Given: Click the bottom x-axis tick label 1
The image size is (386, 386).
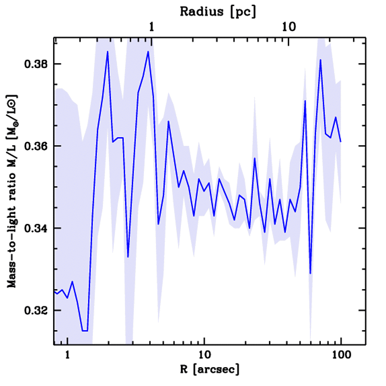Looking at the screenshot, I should tap(67, 355).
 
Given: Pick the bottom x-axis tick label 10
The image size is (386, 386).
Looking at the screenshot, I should tap(204, 355).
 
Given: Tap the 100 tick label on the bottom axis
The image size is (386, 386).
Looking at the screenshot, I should tap(341, 355).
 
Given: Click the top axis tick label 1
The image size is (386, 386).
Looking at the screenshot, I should tap(152, 27).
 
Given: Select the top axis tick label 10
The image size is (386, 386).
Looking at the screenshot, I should tap(289, 27).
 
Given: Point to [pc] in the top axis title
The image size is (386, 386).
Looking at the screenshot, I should tap(242, 12).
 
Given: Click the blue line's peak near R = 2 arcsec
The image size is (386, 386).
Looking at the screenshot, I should tap(107, 52).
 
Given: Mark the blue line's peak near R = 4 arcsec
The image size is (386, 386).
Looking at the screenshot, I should tap(148, 52).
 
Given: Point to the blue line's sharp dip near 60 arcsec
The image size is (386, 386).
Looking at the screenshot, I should tap(310, 273).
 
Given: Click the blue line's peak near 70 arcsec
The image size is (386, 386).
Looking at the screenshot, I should tap(320, 60).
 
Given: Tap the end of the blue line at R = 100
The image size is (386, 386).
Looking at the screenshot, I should tap(341, 142).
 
